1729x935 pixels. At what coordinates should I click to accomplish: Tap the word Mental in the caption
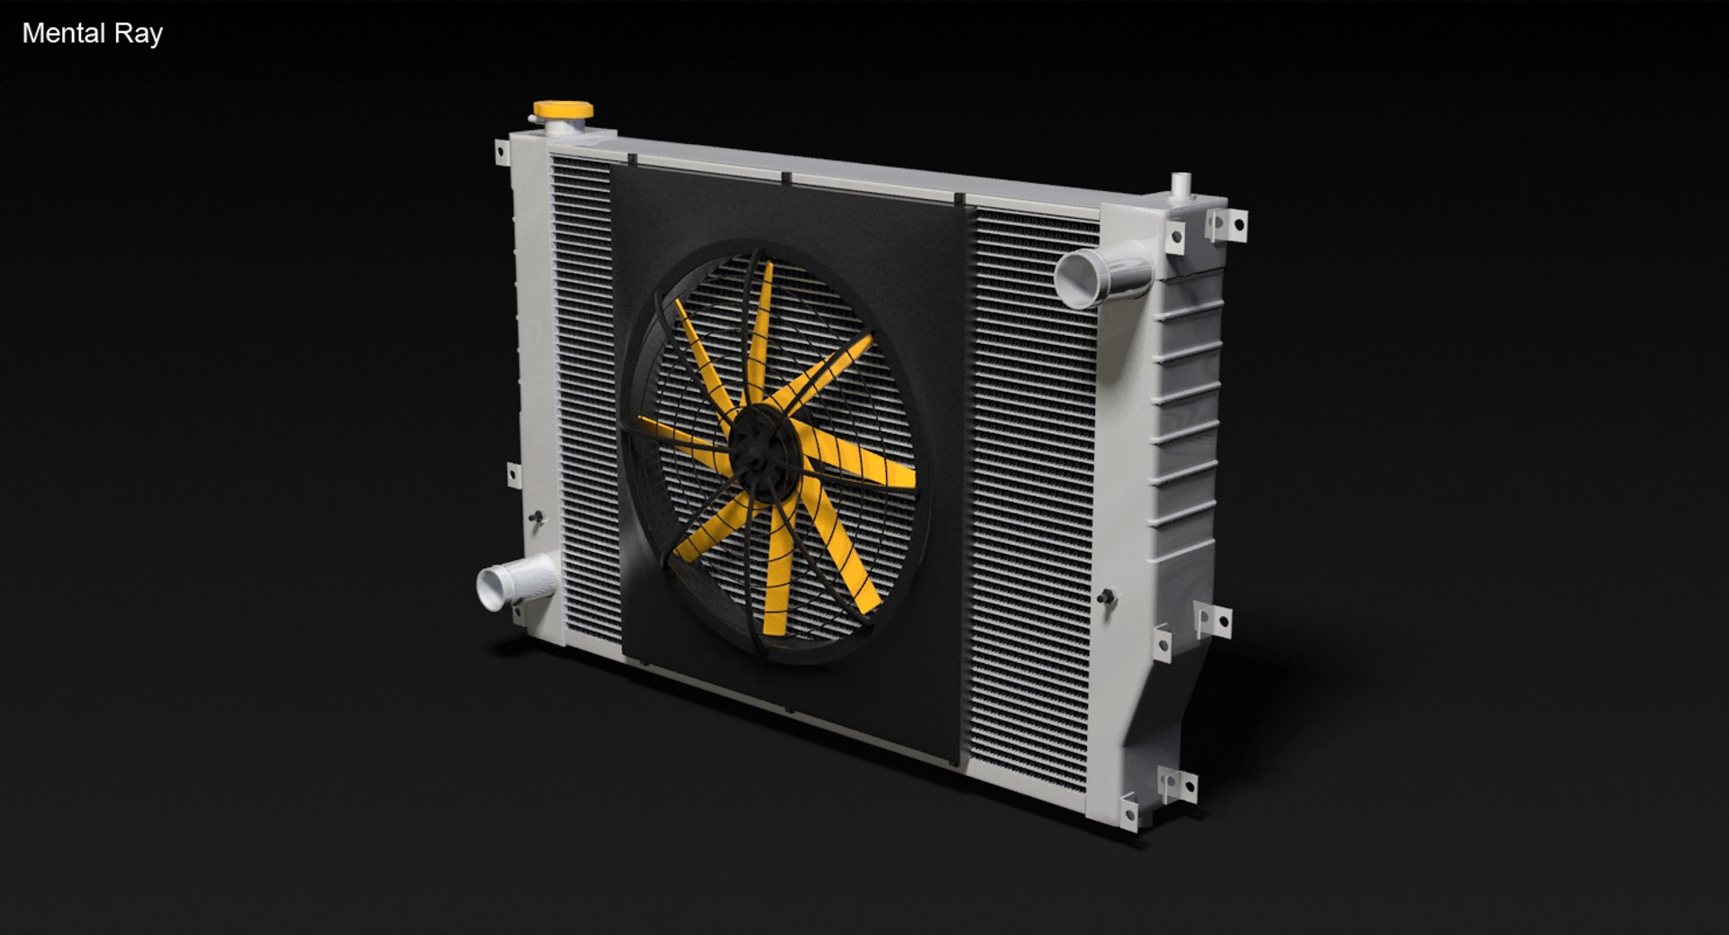pos(64,33)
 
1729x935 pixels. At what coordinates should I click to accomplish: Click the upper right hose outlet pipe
pos(1101,274)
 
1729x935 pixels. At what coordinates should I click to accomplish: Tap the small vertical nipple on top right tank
pos(1180,186)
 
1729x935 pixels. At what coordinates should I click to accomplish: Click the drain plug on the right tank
pos(1106,597)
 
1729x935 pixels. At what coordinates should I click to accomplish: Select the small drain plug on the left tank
pos(538,518)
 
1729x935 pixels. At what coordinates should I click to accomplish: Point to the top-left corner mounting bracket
pos(502,152)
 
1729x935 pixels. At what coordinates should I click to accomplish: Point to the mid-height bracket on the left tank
pos(514,475)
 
